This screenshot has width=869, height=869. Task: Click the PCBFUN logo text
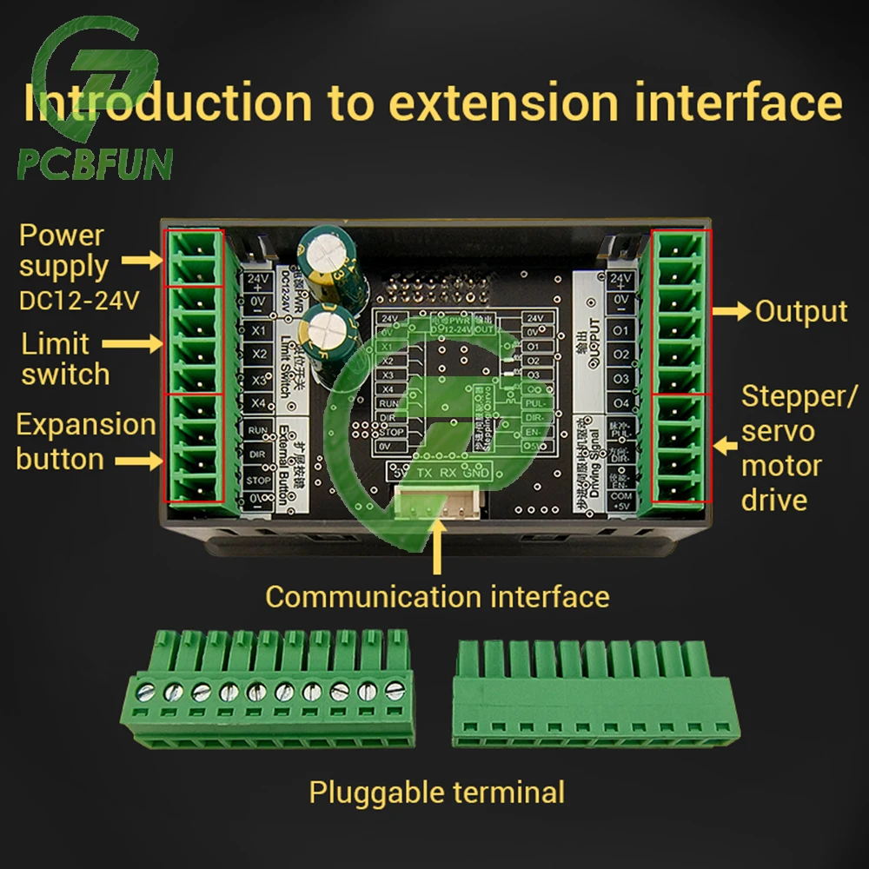[94, 163]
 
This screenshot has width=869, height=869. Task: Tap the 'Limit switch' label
[65, 359]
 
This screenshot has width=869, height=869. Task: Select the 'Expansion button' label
[85, 441]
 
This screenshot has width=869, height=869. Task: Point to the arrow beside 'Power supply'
[142, 259]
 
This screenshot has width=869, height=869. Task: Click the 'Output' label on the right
[800, 311]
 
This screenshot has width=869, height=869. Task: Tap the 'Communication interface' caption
[437, 596]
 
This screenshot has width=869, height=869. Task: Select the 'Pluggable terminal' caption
[437, 792]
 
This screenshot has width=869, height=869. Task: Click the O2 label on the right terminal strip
[620, 355]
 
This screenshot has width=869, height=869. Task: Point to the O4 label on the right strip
[620, 403]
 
